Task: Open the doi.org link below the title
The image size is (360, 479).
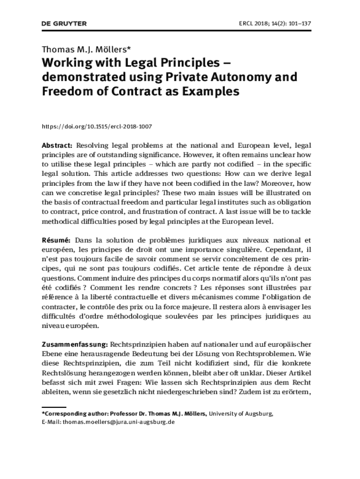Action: pyautogui.click(x=97, y=126)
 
